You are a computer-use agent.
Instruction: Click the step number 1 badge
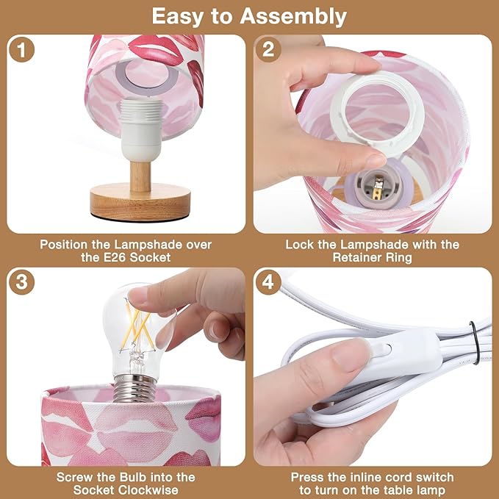pyautogui.click(x=21, y=49)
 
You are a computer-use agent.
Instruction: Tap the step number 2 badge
pyautogui.click(x=268, y=49)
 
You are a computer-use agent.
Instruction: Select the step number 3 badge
pyautogui.click(x=21, y=281)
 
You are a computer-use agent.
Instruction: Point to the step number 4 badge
pyautogui.click(x=268, y=281)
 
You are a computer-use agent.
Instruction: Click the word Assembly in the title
pyautogui.click(x=293, y=17)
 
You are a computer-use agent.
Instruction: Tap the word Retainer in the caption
pyautogui.click(x=356, y=257)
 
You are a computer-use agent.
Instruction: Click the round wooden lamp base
pyautogui.click(x=140, y=203)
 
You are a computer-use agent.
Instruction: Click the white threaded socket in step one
pyautogui.click(x=141, y=130)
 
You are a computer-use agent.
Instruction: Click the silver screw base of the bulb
pyautogui.click(x=134, y=387)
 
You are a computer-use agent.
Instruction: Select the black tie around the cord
pyautogui.click(x=474, y=342)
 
